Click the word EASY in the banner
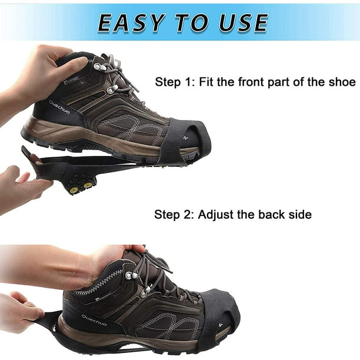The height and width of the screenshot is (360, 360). [131, 22]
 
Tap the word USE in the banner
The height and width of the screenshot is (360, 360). [244, 22]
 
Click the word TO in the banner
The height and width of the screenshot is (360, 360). [192, 22]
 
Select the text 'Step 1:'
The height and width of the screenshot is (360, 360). [175, 82]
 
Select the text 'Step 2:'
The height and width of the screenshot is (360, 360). [174, 215]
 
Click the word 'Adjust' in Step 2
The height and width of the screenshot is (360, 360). [215, 215]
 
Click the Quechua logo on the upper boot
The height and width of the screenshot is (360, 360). [59, 106]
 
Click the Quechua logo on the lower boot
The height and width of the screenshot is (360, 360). [94, 320]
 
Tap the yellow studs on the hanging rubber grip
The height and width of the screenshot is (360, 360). [81, 187]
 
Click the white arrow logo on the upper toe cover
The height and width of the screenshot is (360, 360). [185, 138]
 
